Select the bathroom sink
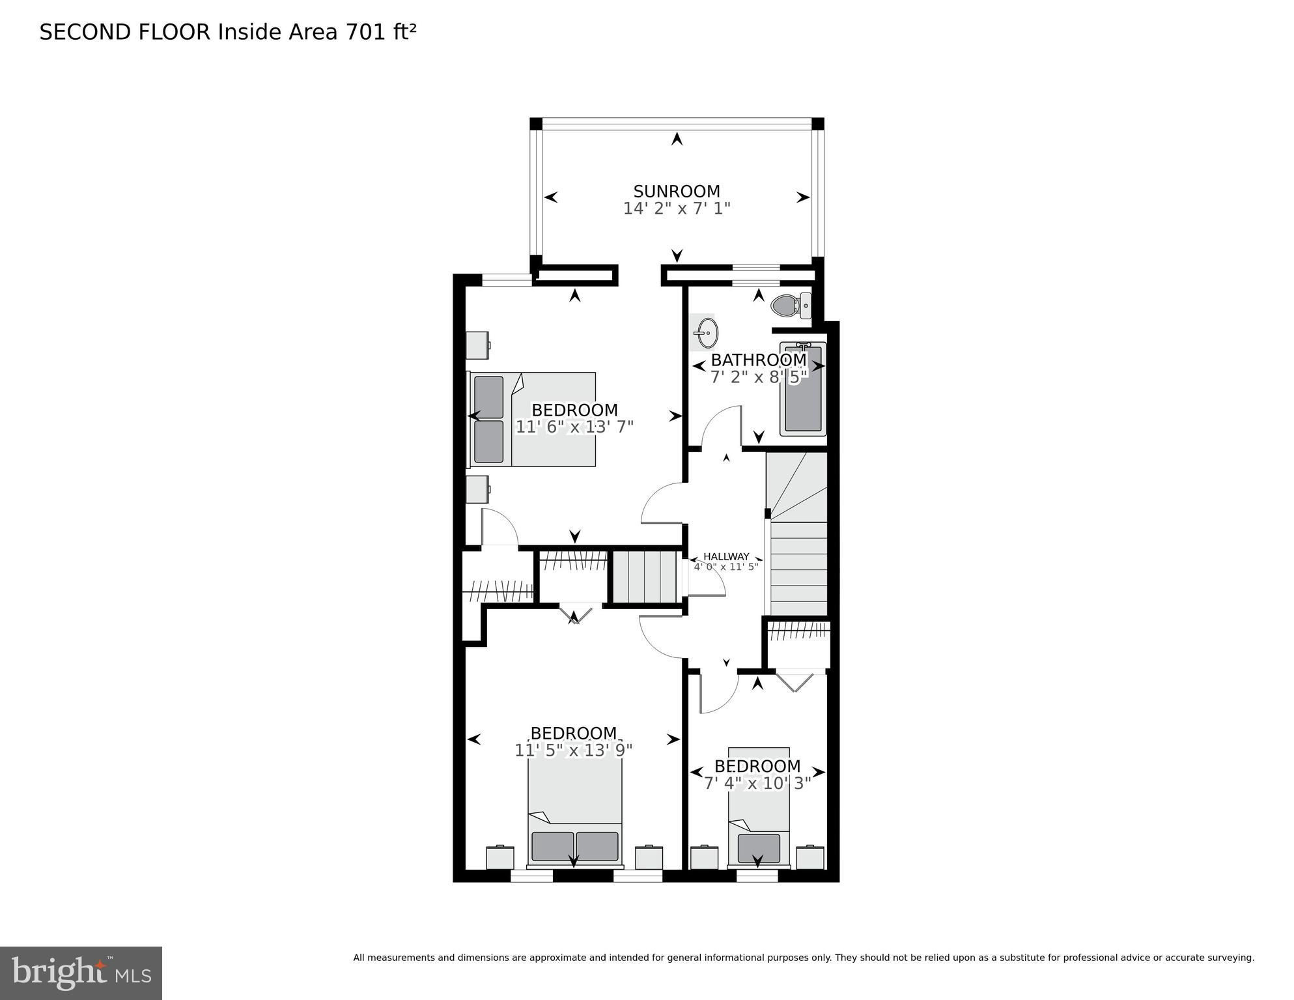(705, 333)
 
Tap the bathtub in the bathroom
(803, 389)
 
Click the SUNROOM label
(677, 192)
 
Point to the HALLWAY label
(726, 556)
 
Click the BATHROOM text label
(759, 360)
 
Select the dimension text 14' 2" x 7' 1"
(677, 208)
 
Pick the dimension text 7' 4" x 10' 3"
(757, 783)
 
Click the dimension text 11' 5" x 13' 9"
(574, 750)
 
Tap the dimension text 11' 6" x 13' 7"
(574, 427)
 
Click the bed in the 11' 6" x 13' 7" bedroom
(532, 420)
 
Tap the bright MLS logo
(81, 973)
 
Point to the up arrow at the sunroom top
(677, 138)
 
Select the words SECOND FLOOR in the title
(125, 32)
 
